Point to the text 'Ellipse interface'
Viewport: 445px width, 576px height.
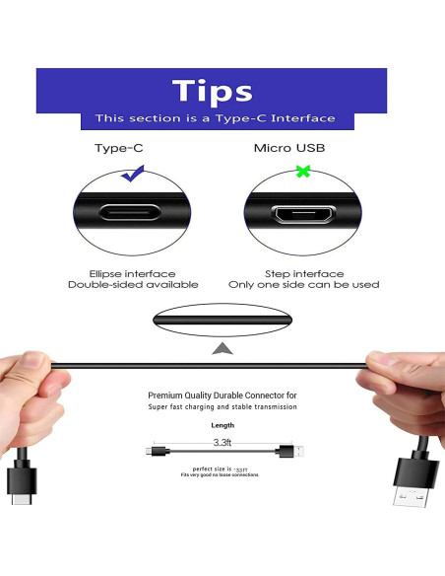tap(132, 273)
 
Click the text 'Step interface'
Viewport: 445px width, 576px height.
tap(304, 273)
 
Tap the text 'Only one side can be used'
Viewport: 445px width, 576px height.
tap(304, 285)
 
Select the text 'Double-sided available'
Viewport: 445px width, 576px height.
tap(132, 285)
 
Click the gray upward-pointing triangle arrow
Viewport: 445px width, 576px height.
tap(223, 348)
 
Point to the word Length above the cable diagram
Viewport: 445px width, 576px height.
tap(222, 425)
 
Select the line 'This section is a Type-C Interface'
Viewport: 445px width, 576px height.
tap(215, 118)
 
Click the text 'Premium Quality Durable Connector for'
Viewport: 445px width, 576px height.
tap(222, 395)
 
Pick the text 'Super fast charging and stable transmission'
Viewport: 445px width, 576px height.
tap(222, 407)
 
